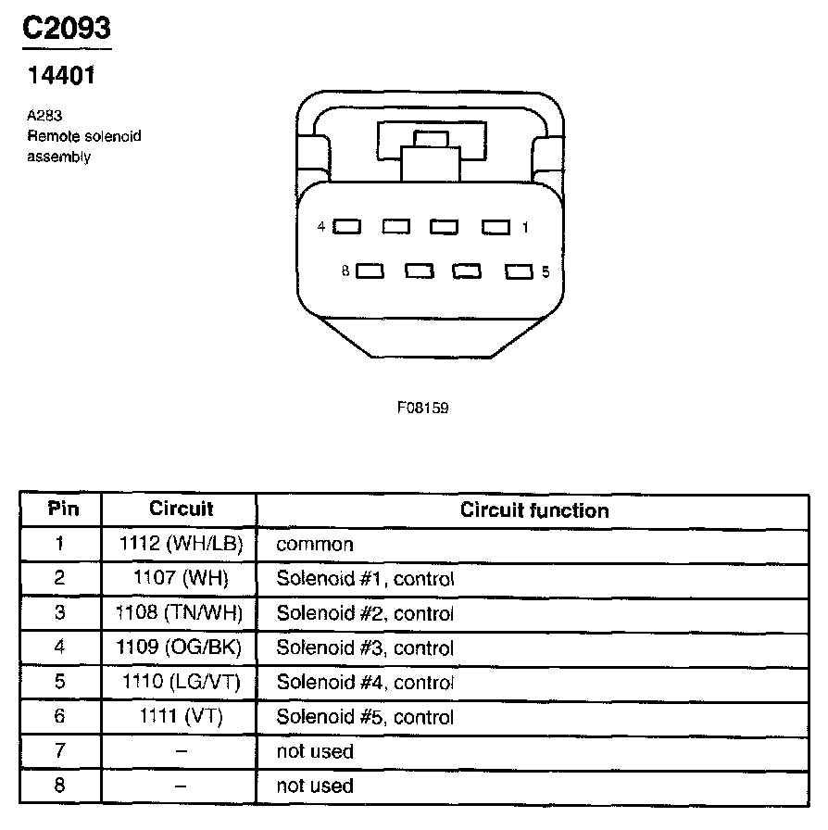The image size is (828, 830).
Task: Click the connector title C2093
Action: click(67, 29)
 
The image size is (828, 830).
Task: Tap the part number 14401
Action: click(60, 75)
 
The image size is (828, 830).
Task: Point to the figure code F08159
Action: click(422, 407)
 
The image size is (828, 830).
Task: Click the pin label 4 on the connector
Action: click(321, 226)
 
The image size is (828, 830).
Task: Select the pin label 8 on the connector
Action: click(345, 271)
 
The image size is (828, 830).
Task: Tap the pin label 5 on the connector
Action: click(546, 271)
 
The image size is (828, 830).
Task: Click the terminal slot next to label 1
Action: click(496, 226)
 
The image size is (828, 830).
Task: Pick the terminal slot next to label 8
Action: click(370, 271)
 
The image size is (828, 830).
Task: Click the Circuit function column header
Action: click(534, 510)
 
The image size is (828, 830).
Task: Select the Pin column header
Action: click(63, 509)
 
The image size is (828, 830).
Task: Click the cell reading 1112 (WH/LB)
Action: click(181, 545)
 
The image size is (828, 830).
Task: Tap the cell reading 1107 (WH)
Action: click(181, 579)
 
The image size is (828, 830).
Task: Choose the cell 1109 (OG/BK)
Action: click(181, 648)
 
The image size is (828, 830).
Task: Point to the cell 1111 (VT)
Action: click(181, 716)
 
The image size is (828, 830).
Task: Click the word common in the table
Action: click(315, 545)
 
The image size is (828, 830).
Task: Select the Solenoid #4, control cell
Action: click(365, 683)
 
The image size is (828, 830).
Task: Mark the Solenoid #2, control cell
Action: click(365, 613)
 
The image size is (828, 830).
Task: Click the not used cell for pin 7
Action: click(315, 751)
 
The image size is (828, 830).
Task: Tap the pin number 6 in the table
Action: click(59, 716)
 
